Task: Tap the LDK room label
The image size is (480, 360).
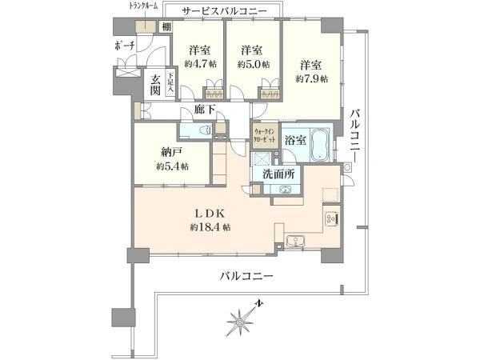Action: pyautogui.click(x=211, y=214)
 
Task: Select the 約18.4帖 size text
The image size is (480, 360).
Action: pyautogui.click(x=211, y=228)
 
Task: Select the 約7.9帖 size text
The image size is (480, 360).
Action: pyautogui.click(x=312, y=79)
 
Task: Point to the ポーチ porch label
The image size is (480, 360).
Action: pyautogui.click(x=125, y=46)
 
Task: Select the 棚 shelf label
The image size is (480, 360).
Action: pyautogui.click(x=165, y=28)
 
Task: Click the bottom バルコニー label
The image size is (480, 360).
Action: pyautogui.click(x=248, y=276)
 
